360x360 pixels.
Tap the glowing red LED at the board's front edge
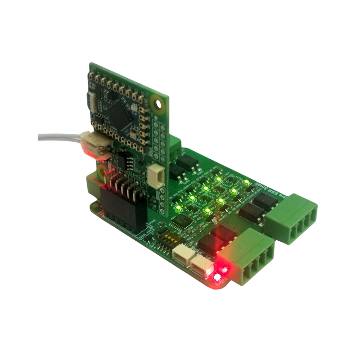(218, 276)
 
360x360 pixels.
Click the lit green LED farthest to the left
(178, 208)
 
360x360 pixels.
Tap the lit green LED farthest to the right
(247, 183)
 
